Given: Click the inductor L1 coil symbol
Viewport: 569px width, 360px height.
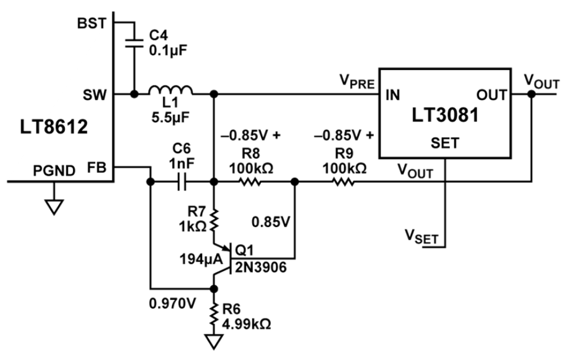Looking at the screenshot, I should pos(171,90).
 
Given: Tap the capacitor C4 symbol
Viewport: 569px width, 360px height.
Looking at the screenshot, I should pos(134,42).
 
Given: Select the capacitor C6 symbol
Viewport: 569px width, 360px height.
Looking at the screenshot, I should pos(181,183).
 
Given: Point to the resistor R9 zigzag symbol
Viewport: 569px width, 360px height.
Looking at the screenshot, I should pos(342,183).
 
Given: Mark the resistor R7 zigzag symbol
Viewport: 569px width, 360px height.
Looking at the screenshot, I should pos(215,221).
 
